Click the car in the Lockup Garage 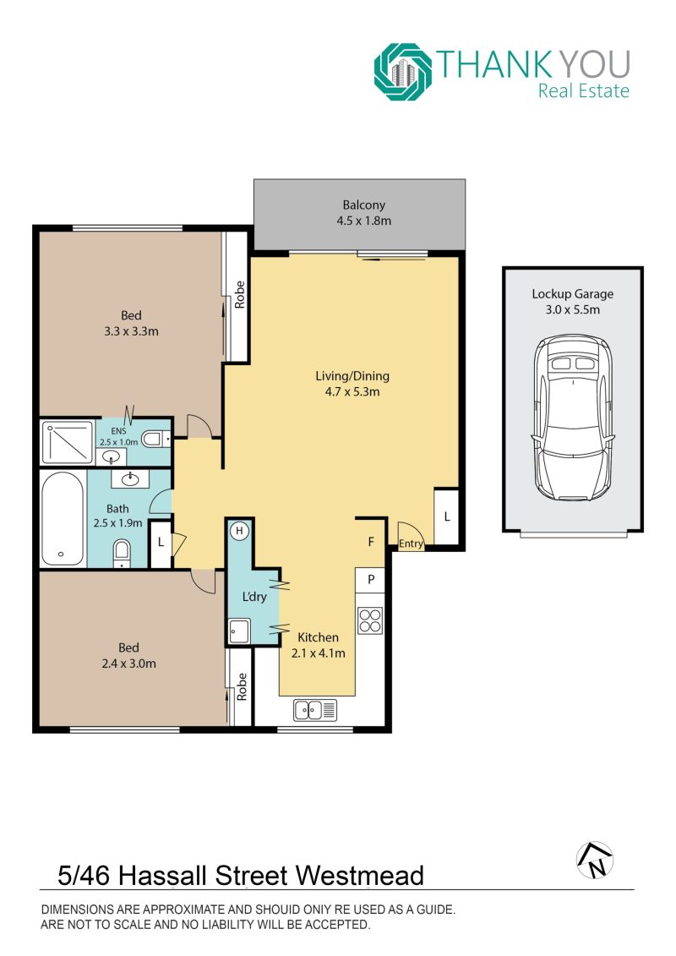point(572,418)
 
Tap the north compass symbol point(595,860)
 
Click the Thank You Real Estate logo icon point(403,71)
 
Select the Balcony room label point(364,205)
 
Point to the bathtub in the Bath point(63,519)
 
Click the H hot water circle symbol point(239,531)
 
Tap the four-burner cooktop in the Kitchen point(370,620)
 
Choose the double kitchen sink point(315,710)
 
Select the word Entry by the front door point(411,544)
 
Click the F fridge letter point(371,542)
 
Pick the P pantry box point(371,580)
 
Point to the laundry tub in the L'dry point(239,631)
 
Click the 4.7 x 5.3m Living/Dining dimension point(352,392)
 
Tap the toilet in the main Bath point(122,553)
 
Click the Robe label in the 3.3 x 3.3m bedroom point(239,294)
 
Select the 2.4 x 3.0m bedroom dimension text point(128,664)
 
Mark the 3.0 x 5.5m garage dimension point(572,309)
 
